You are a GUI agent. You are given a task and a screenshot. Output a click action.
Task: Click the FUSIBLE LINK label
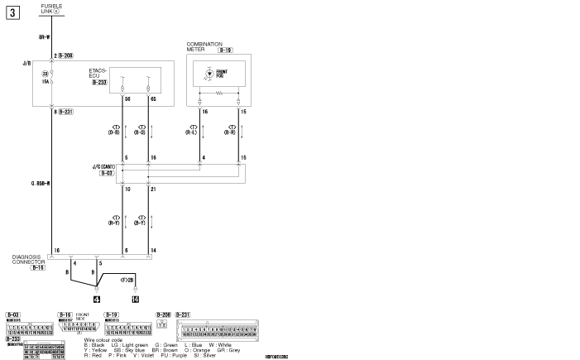coord(51,7)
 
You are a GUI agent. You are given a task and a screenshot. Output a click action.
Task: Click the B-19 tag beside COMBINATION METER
coord(225,50)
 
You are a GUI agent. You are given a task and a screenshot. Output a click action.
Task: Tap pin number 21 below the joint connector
coord(152,189)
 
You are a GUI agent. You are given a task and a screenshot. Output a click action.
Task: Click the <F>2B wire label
coord(127,280)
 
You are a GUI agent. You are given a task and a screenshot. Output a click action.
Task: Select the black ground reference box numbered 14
coord(135,298)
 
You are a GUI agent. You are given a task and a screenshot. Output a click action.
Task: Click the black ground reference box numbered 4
coord(97,298)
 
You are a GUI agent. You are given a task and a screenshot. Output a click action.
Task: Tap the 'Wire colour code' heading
coord(103,339)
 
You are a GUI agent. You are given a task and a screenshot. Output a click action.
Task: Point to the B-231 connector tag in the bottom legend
coord(184,314)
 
